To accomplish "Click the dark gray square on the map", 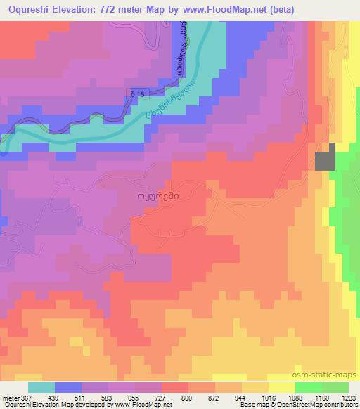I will click(325, 161).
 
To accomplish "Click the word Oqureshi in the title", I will click(29, 9).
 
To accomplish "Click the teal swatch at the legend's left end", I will click(41, 387).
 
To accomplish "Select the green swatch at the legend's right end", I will click(335, 387).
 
